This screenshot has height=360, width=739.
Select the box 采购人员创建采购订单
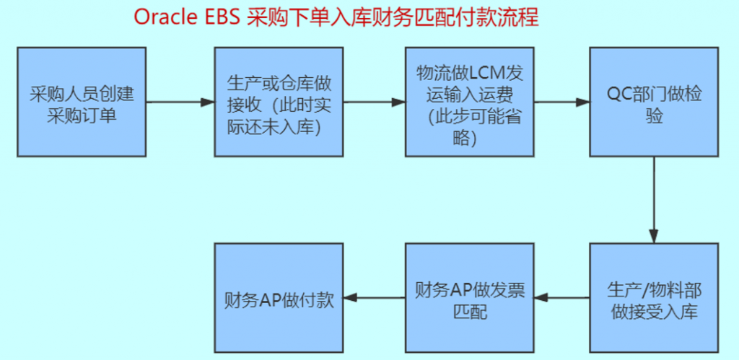point(82,102)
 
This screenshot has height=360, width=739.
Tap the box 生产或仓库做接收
point(279,102)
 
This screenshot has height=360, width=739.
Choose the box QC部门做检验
point(654,102)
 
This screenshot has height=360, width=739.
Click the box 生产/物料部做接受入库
point(654,297)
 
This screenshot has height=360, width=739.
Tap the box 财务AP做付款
point(279,297)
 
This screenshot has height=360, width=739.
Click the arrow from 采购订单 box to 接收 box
point(180,102)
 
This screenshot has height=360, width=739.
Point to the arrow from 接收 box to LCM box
point(374,102)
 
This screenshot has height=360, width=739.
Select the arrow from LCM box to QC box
point(562,102)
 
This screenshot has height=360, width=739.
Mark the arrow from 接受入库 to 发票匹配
point(562,297)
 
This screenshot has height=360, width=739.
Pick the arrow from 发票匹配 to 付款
point(374,297)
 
